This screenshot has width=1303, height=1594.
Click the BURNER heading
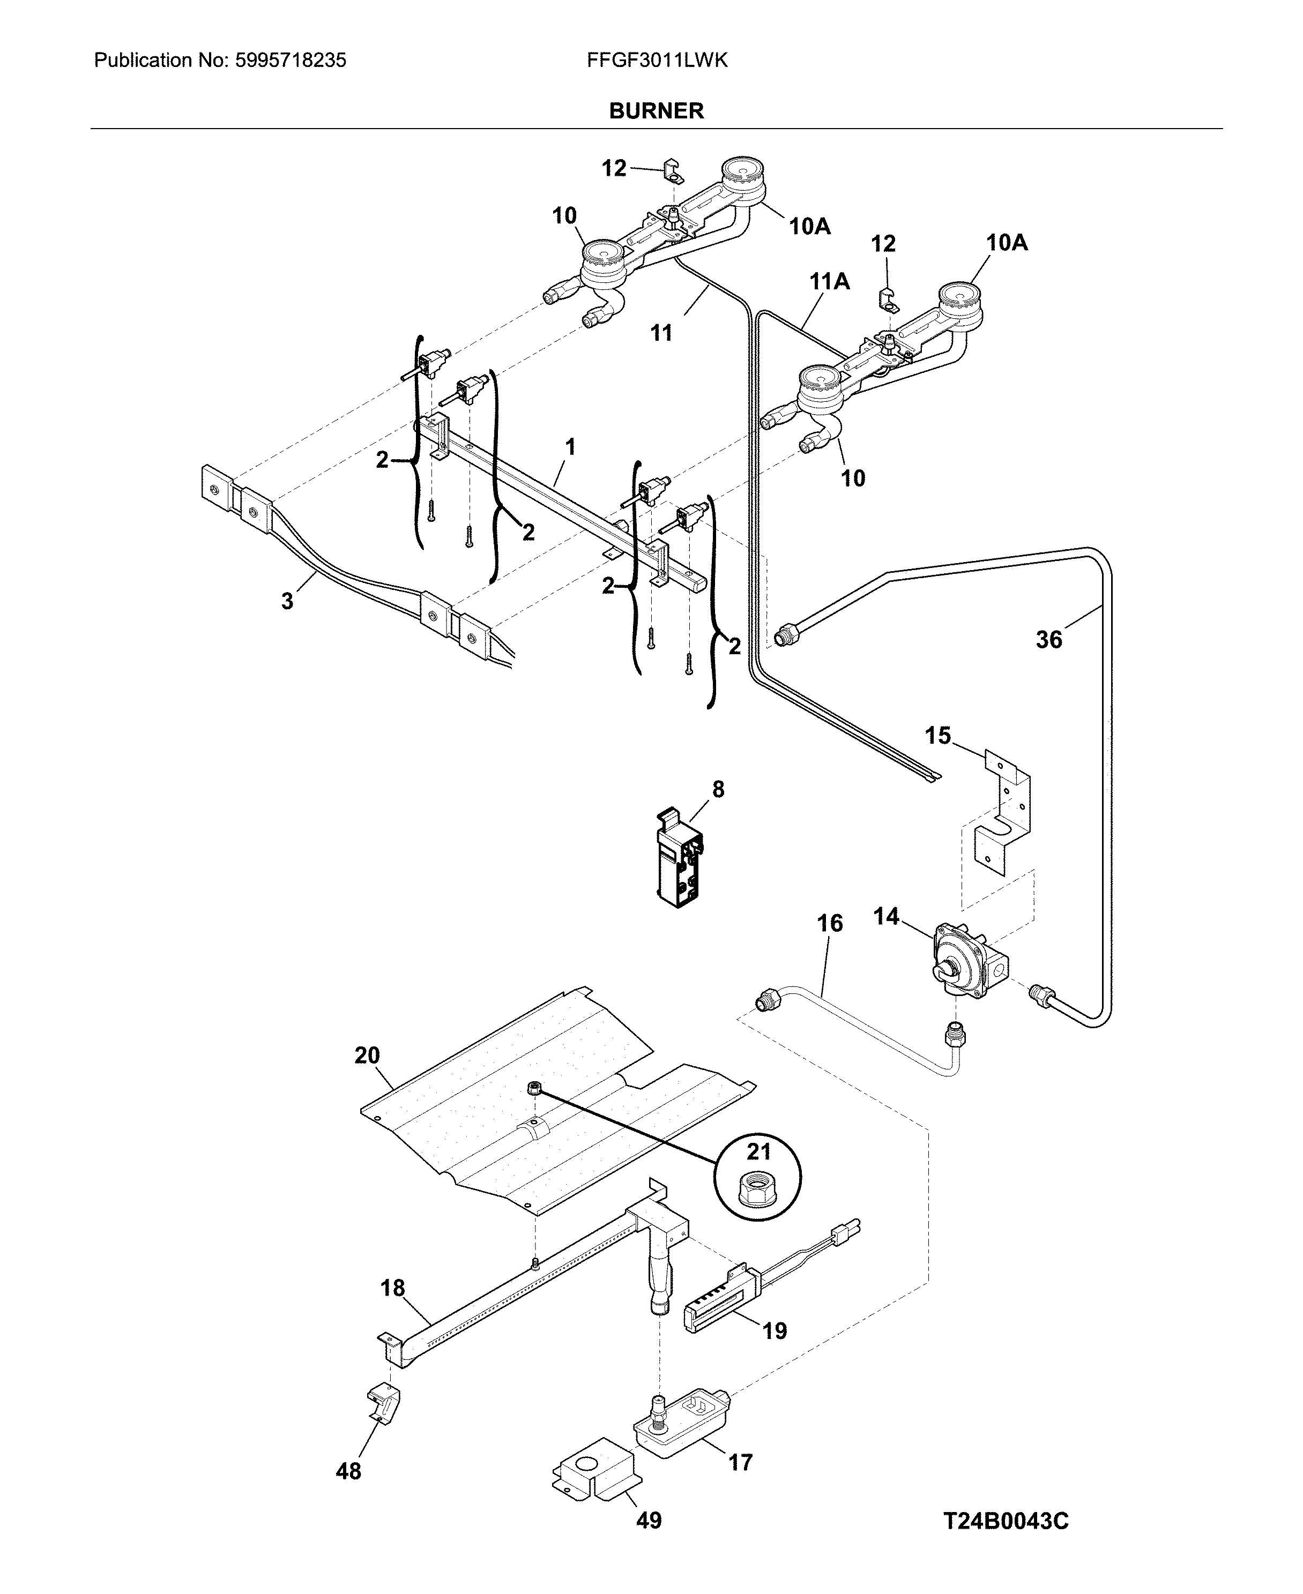point(656,111)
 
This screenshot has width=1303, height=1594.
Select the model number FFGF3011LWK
point(657,61)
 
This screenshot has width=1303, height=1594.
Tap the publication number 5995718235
point(291,61)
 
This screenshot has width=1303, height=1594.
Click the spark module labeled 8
point(680,859)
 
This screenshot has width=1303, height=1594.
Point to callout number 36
point(1048,640)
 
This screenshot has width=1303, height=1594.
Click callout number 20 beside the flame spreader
point(367,1056)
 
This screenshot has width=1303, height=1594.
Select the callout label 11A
point(829,281)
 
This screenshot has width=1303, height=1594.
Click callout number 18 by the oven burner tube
point(392,1289)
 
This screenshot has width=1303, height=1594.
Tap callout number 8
point(718,789)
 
